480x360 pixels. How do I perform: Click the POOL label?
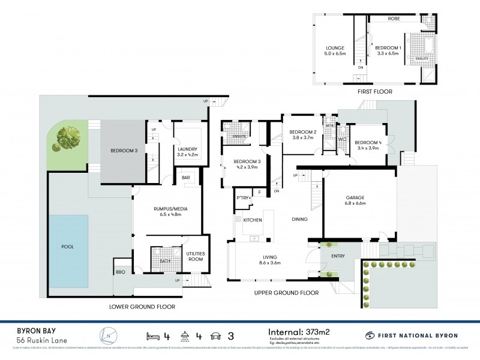coord(67,247)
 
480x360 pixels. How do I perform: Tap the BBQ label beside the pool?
coord(121,272)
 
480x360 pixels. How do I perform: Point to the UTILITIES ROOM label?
coord(196,256)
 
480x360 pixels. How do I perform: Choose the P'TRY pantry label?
coord(243,197)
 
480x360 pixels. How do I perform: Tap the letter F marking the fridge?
coord(260,193)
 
